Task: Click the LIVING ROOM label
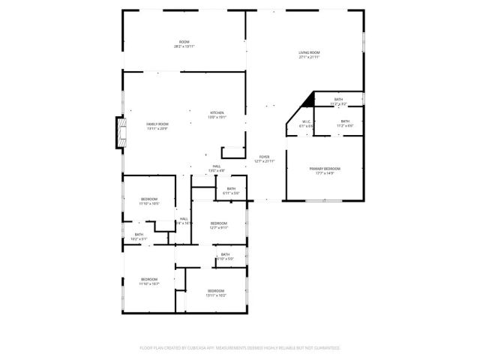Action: pos(309,52)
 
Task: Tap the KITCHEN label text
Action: pos(216,112)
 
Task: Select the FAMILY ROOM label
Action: pos(157,124)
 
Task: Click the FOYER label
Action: pos(265,156)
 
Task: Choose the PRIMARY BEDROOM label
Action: pos(325,169)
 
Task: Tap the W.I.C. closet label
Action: pos(306,121)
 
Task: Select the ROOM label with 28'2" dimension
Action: pos(184,41)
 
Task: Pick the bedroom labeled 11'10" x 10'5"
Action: pos(148,199)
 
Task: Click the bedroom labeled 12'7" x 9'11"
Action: pos(219,223)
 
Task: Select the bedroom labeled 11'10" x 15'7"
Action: pos(148,279)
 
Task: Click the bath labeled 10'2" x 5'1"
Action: pos(139,235)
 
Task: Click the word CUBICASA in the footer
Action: pos(201,348)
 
